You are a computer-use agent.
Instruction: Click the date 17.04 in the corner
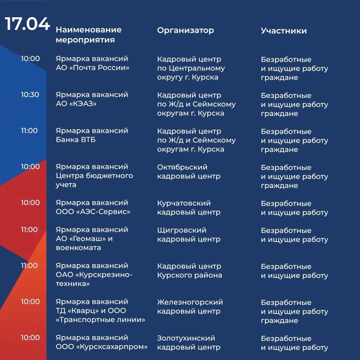(x=27, y=24)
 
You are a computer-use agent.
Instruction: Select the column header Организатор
(x=185, y=31)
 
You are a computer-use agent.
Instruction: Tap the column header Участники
(x=284, y=31)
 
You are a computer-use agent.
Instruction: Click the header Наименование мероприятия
(x=89, y=35)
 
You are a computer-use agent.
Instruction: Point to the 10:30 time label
(x=30, y=95)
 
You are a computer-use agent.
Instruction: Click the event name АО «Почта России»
(x=93, y=68)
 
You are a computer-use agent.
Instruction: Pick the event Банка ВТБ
(x=76, y=140)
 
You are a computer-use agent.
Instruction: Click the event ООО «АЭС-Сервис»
(x=93, y=212)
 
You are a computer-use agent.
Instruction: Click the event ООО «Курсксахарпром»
(x=102, y=347)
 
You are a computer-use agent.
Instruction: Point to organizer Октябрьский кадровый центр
(x=189, y=172)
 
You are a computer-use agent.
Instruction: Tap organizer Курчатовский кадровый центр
(x=189, y=208)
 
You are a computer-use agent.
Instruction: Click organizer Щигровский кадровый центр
(x=189, y=235)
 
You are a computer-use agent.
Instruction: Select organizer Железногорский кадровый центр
(x=190, y=307)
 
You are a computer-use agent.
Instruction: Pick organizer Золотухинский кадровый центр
(x=189, y=343)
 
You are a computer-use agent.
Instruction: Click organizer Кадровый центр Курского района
(x=189, y=271)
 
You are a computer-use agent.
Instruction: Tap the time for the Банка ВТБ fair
(x=29, y=131)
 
